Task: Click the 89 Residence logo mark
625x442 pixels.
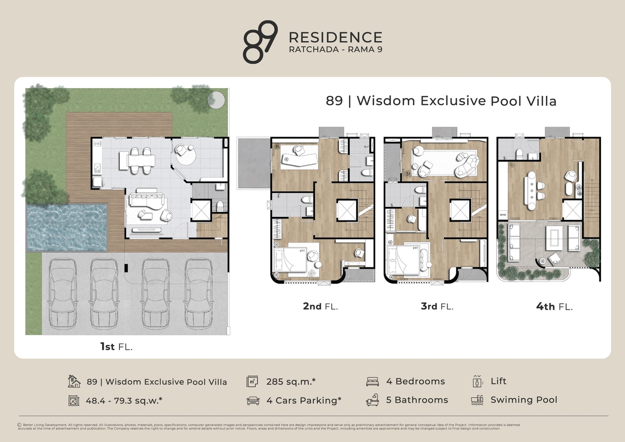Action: [x=260, y=42]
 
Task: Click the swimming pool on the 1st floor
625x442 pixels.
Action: [x=67, y=227]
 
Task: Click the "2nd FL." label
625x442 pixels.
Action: [x=320, y=306]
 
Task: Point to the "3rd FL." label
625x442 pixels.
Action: [x=436, y=306]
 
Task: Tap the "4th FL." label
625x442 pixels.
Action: [x=554, y=306]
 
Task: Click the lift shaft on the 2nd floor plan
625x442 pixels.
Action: [x=346, y=210]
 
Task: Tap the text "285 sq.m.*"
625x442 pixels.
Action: [x=291, y=382]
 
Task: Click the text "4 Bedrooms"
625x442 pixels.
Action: [x=415, y=382]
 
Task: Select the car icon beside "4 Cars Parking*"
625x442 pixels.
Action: [x=253, y=401]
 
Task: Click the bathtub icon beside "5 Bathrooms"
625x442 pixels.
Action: [x=372, y=401]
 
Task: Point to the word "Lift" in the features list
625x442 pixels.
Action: [x=498, y=382]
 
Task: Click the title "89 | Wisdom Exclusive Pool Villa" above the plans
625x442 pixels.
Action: [x=441, y=101]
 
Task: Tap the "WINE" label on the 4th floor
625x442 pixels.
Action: [x=503, y=214]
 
